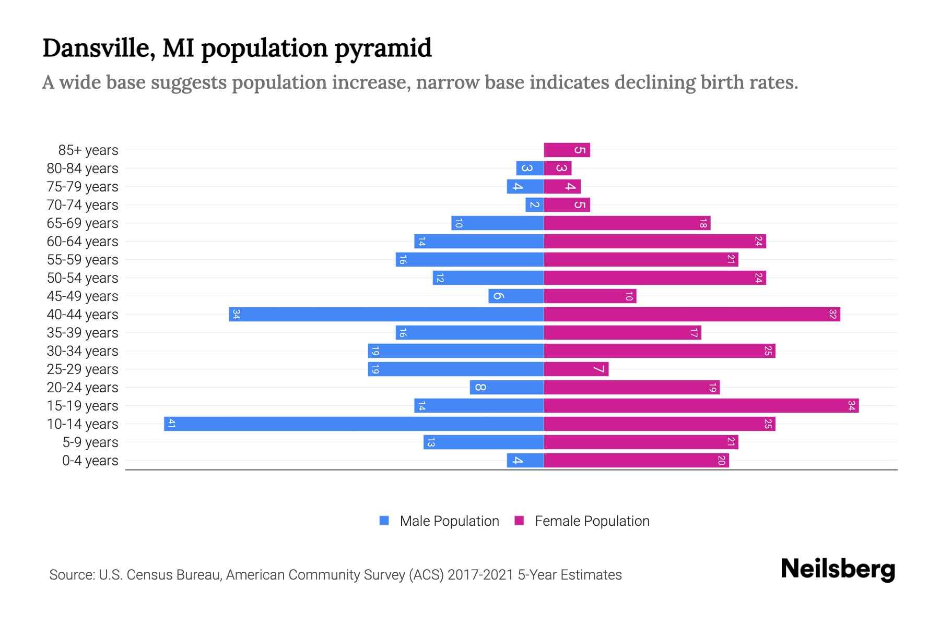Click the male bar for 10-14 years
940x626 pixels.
click(354, 424)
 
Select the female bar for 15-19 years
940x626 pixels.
click(701, 405)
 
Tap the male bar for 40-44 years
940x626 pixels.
click(386, 314)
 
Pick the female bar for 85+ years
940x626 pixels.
click(567, 150)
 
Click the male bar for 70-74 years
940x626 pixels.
click(534, 204)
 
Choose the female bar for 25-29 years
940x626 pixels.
click(576, 369)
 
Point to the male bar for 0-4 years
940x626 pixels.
click(525, 460)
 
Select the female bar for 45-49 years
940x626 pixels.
click(590, 296)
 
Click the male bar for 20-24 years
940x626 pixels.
click(507, 387)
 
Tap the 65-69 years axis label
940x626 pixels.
click(83, 223)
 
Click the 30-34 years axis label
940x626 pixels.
click(83, 351)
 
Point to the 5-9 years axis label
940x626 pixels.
click(90, 442)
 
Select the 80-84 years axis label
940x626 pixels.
click(83, 168)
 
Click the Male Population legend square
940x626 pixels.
click(384, 521)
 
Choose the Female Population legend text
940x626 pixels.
click(592, 521)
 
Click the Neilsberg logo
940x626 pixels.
click(838, 569)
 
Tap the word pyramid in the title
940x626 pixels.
click(383, 49)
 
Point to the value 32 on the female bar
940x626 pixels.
click(832, 314)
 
